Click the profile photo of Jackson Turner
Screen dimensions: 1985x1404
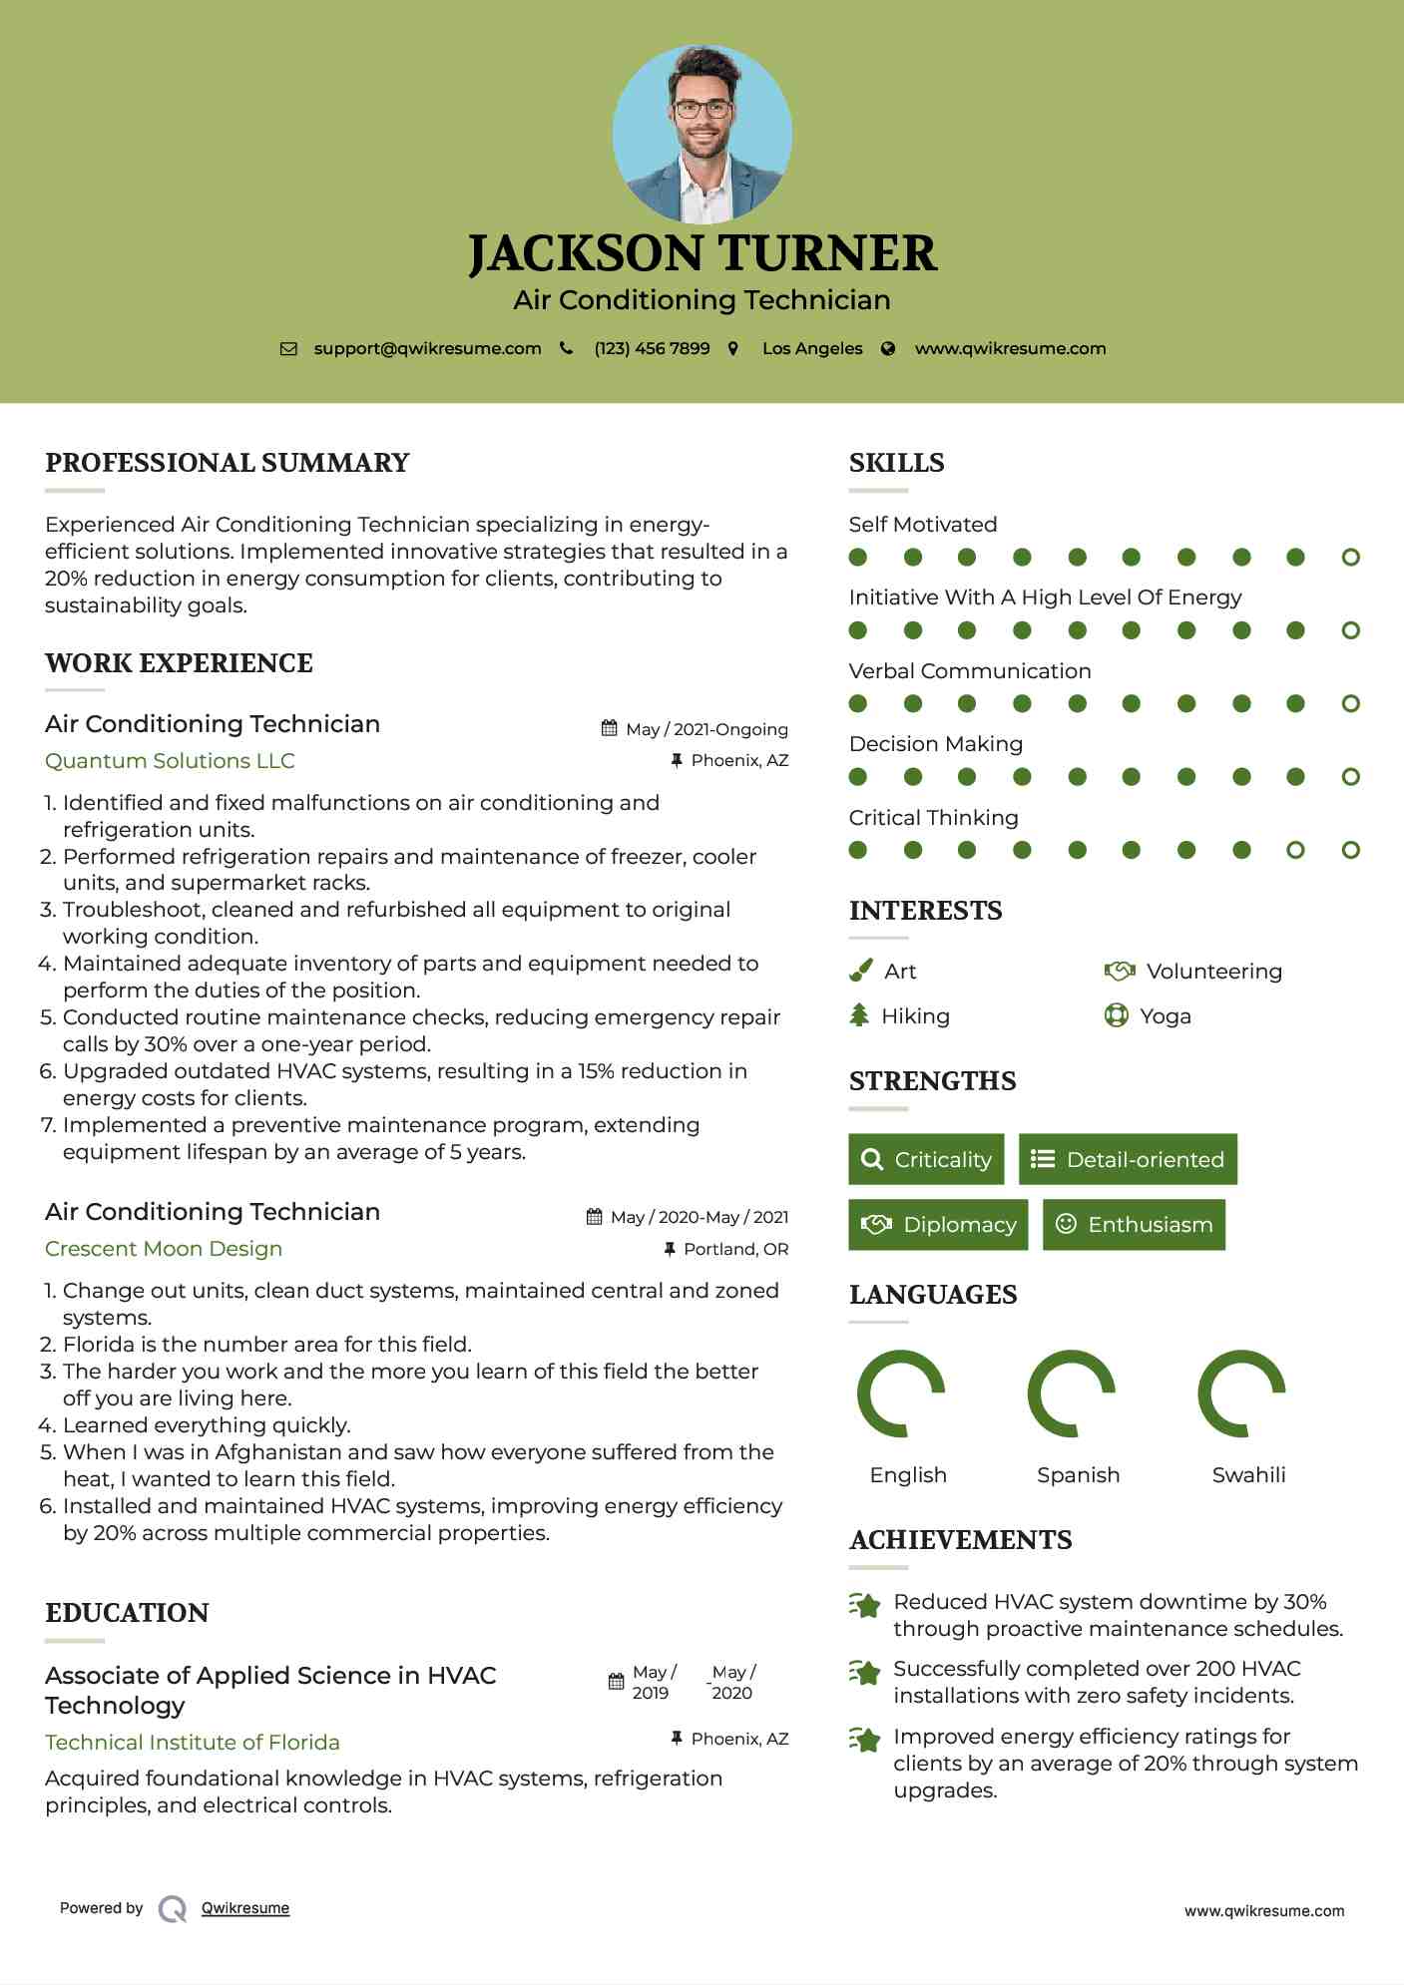coord(702,134)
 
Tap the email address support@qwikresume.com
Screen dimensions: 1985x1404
coord(427,348)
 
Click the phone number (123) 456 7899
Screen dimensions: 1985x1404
coord(652,348)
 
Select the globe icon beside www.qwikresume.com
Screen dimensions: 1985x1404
coord(888,348)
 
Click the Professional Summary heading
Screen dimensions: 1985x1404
coord(228,463)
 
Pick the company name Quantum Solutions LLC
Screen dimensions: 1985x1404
coord(170,761)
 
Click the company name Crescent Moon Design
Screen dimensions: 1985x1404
coord(164,1249)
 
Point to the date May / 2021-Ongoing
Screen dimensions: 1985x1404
coord(706,729)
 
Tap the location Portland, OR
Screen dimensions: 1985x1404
coord(735,1249)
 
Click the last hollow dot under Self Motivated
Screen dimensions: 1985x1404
coord(1350,558)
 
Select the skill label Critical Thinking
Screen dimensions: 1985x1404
coord(933,818)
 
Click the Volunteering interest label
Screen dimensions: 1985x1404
coord(1213,972)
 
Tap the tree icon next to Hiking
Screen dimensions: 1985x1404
coord(859,1015)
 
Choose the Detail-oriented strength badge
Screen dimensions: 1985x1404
coord(1128,1159)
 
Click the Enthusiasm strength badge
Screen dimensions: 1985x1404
coord(1134,1224)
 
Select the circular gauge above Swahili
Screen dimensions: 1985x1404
coord(1241,1393)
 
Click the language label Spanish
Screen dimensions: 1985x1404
coord(1078,1475)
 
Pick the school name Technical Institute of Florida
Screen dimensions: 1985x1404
coord(193,1743)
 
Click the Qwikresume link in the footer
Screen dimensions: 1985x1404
coord(245,1908)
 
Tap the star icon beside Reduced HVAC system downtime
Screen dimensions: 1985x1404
coord(864,1605)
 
